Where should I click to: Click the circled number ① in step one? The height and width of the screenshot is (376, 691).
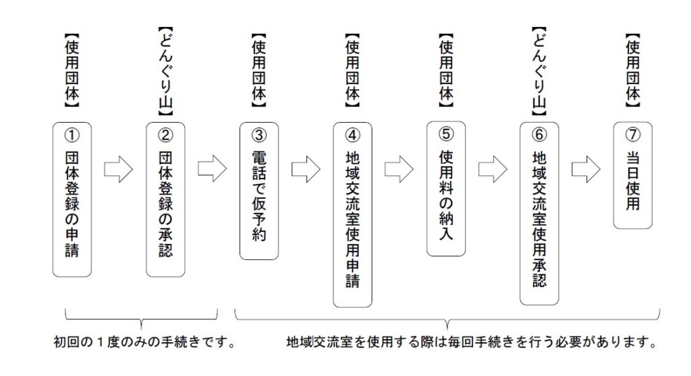72,135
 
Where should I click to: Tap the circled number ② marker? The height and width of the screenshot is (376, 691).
165,135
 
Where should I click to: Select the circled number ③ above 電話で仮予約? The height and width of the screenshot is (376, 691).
259,135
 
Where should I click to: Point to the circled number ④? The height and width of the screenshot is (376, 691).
352,135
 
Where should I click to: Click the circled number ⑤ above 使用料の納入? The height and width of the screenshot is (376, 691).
446,134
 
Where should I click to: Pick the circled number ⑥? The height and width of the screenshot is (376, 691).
539,134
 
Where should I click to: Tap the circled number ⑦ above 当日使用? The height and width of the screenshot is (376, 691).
633,134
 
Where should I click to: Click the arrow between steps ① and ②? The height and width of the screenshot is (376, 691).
119,169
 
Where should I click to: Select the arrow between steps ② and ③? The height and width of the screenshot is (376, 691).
212,168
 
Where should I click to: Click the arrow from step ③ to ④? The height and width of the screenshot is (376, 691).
306,169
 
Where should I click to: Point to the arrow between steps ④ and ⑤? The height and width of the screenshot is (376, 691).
399,169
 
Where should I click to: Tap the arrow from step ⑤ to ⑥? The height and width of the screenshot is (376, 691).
493,169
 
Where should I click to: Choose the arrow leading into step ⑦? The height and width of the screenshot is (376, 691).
586,169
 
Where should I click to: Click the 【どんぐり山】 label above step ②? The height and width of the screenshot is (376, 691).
165,71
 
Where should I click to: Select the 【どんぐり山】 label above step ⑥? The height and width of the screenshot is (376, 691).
539,71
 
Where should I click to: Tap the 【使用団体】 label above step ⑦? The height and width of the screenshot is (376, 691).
633,71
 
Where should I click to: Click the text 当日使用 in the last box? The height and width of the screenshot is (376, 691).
633,181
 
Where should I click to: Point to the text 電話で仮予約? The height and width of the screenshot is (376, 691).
259,196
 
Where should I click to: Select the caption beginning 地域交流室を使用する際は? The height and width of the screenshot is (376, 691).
472,342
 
